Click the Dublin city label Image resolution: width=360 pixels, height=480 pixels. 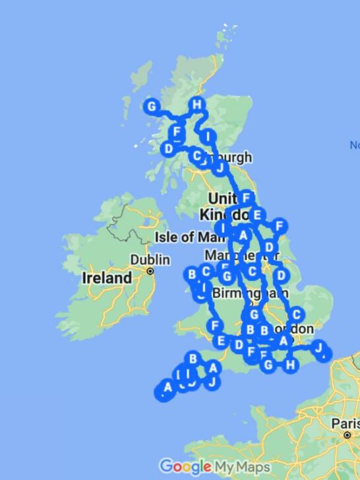coord(150,259)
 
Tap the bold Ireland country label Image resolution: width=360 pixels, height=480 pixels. coord(107,278)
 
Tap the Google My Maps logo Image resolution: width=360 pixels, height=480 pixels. coord(215,467)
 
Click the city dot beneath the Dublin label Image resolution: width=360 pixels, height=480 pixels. coord(150,270)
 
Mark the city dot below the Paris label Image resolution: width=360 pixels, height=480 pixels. coord(347,435)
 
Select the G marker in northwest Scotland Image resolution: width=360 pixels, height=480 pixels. coord(152,106)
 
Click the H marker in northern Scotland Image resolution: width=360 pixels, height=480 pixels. coord(196,104)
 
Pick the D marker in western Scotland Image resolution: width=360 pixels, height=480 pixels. coord(169,149)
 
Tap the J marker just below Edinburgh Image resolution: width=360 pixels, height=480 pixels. coord(220,167)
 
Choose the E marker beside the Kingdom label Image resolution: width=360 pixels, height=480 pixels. coord(257,214)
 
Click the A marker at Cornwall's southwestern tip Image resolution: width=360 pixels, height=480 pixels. coord(167,387)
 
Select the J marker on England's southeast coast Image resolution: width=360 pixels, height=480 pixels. coord(318,347)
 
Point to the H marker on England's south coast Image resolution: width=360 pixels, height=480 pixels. coord(290,363)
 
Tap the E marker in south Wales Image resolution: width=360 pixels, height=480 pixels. coord(222,341)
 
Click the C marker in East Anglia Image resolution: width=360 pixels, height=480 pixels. coord(297,315)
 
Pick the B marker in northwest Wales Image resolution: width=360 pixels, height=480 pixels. coord(191,274)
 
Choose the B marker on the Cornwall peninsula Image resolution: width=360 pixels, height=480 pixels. coord(193,359)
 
